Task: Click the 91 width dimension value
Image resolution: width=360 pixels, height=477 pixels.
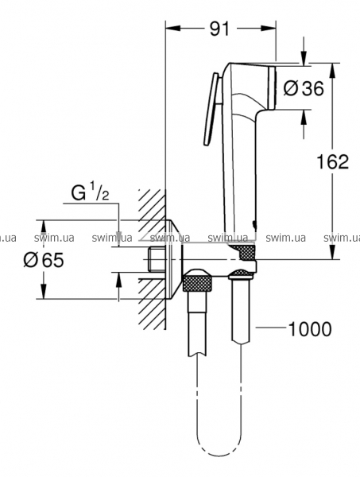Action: coord(219,29)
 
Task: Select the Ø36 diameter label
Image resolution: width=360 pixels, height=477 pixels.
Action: coord(303,88)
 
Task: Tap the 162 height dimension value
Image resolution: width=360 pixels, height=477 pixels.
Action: coord(333,161)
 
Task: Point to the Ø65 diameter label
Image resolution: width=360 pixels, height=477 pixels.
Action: coord(44,260)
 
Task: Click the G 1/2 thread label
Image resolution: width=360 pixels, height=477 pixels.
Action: coord(90,193)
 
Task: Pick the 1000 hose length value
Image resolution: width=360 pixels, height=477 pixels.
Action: coord(309,329)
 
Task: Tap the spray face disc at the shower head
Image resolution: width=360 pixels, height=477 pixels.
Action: coord(272,88)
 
